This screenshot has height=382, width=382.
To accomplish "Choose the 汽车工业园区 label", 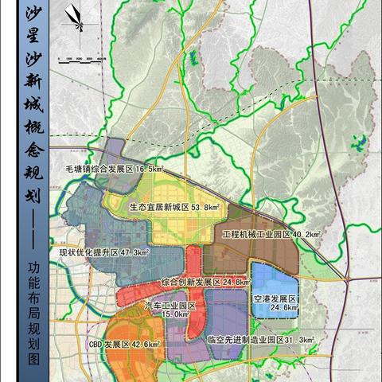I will (x=170, y=305).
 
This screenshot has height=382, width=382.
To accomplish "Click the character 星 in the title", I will (x=33, y=37).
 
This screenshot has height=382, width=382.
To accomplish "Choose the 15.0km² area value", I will (x=176, y=314).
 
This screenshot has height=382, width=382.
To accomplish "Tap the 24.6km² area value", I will (x=284, y=308).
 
